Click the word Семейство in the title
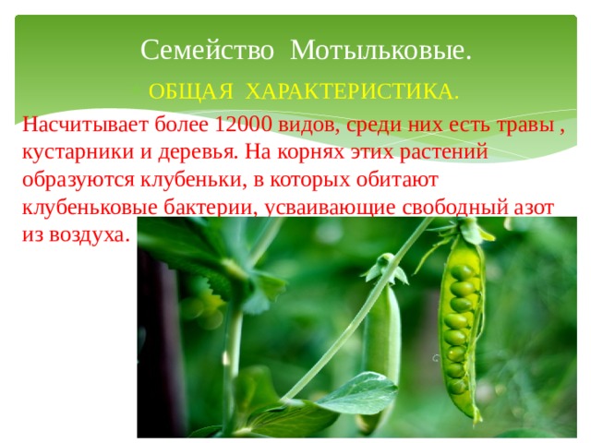point(207,50)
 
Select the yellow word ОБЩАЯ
point(191,91)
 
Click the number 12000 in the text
point(243,124)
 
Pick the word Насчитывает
point(85,125)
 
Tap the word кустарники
point(78,151)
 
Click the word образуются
point(78,181)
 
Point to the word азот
point(533,208)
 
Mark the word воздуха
point(89,234)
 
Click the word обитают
point(397,180)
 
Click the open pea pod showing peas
point(462,324)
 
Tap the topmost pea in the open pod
point(463,272)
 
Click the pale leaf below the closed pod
point(357,392)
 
